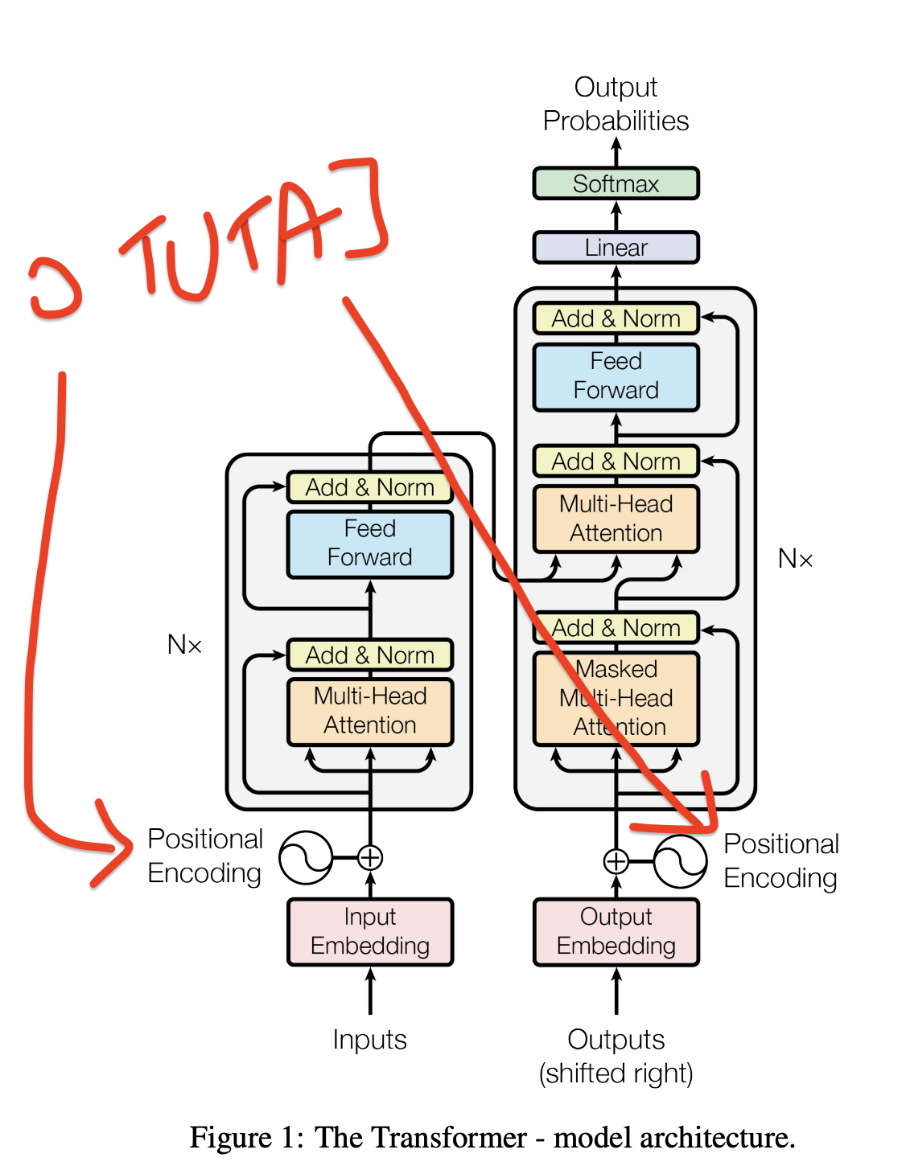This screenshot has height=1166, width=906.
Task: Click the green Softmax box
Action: [616, 183]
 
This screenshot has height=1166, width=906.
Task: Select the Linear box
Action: [616, 248]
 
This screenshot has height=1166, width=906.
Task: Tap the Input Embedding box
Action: [370, 931]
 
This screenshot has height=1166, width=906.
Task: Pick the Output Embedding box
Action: [616, 931]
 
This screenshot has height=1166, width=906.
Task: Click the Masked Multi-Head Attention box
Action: [616, 698]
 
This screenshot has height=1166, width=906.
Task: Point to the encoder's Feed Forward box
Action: [370, 544]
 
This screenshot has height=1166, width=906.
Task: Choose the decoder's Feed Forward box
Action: [616, 376]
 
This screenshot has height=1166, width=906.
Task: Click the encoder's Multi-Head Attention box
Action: [370, 711]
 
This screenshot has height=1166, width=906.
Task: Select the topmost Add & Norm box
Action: [616, 318]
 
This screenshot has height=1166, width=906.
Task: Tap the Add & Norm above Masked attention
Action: [616, 627]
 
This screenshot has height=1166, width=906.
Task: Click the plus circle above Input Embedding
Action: [370, 858]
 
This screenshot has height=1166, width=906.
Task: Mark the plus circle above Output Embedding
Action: [616, 861]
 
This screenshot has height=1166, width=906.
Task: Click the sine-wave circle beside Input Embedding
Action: [306, 858]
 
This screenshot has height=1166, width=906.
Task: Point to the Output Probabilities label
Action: [616, 105]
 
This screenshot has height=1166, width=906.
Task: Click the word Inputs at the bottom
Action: [370, 1040]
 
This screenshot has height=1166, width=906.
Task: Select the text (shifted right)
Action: [616, 1074]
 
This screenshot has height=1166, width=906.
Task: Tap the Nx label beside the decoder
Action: [795, 559]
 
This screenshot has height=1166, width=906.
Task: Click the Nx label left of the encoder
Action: [184, 645]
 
